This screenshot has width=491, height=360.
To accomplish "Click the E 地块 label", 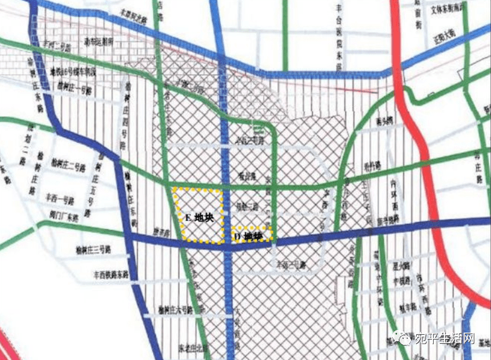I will click(x=197, y=217).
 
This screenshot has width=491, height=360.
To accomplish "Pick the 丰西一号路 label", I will click(x=60, y=197).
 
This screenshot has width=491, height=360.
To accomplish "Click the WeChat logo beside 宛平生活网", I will click(x=402, y=338).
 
